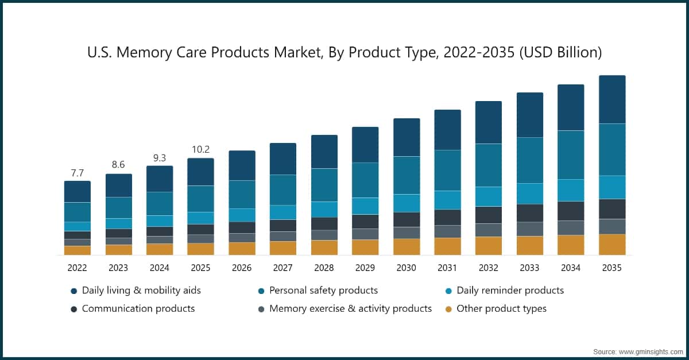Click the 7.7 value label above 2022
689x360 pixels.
(x=77, y=172)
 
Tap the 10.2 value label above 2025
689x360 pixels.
(x=200, y=149)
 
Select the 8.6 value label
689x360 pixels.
(x=118, y=165)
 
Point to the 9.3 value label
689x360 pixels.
(x=160, y=157)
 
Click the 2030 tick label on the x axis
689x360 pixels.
(x=407, y=268)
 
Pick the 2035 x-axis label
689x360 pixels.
(x=612, y=268)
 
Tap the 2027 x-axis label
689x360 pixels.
(x=283, y=268)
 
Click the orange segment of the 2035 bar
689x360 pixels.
(x=612, y=244)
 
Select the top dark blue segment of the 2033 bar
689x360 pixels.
(x=530, y=115)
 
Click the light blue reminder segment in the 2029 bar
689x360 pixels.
(x=365, y=206)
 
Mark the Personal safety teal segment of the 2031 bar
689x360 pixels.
(x=447, y=170)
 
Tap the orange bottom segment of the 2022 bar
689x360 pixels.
(x=77, y=250)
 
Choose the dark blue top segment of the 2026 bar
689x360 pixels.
(x=242, y=165)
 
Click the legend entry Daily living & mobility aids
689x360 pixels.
(x=141, y=291)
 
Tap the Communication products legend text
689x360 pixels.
(x=138, y=309)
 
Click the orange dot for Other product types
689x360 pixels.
(x=448, y=309)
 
